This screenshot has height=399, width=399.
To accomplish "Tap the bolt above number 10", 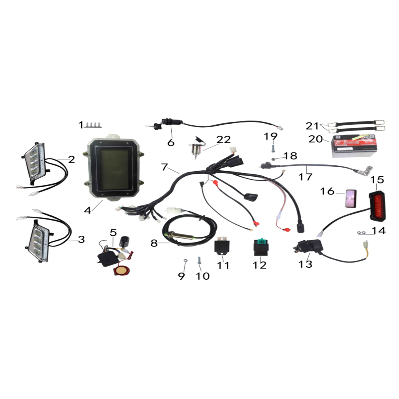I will click(199, 261).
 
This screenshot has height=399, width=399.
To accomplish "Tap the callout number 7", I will click(164, 167).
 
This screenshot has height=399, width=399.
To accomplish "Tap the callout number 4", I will click(87, 209).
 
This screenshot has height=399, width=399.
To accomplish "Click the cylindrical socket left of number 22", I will click(196, 151).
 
